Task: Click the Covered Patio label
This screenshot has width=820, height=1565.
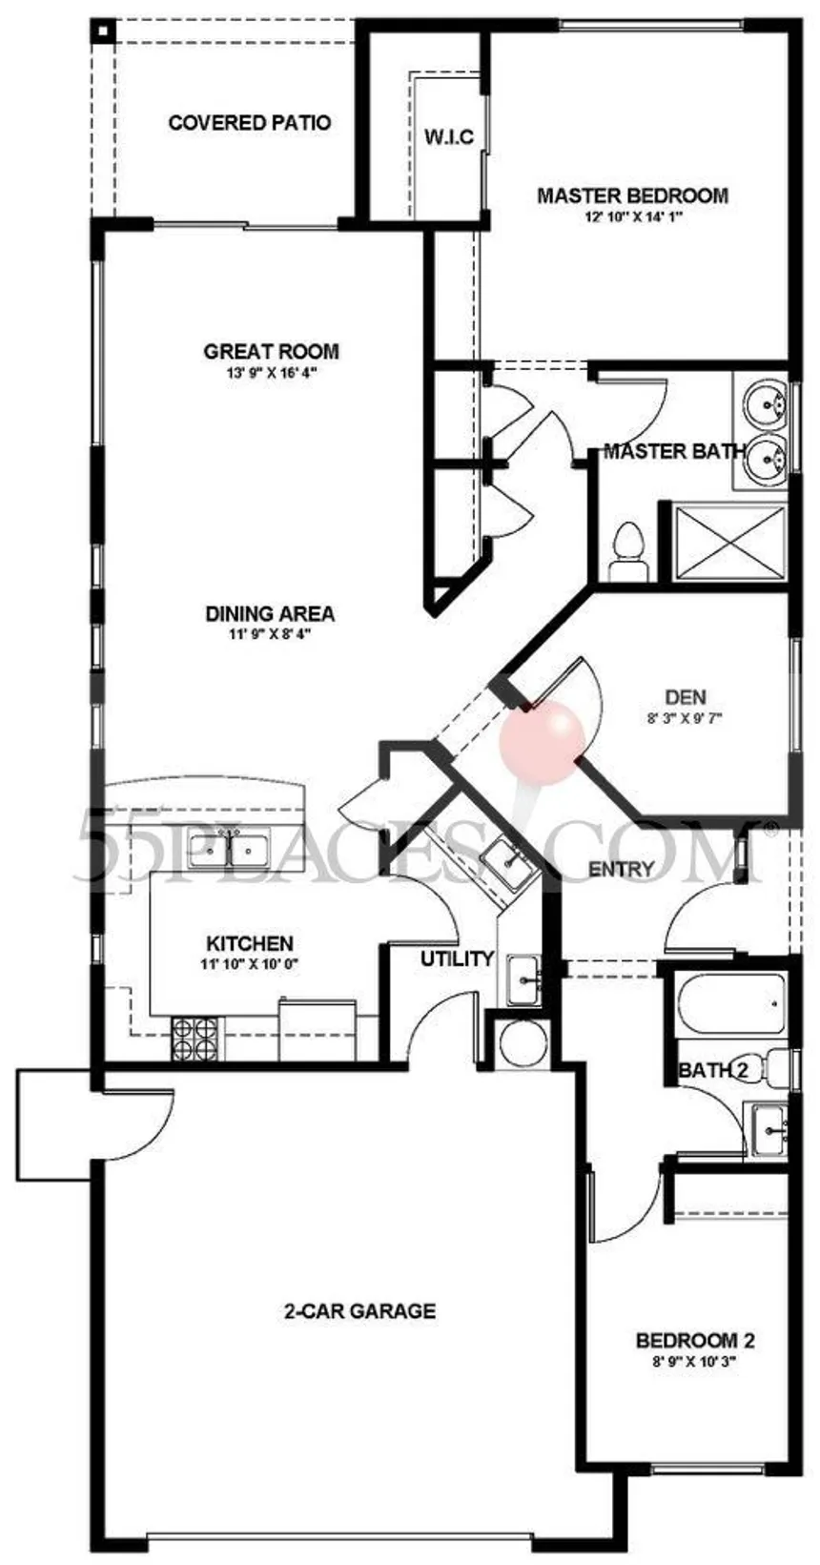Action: click(250, 123)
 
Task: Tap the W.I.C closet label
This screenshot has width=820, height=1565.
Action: click(448, 137)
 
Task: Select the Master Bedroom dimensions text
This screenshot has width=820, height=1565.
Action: click(633, 217)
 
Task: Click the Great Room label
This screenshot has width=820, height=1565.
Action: click(271, 352)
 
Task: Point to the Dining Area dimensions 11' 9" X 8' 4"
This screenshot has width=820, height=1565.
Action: click(270, 634)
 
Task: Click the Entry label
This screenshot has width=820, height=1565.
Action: click(621, 870)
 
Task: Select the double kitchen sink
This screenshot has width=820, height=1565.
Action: click(230, 849)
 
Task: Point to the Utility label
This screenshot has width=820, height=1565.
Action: click(457, 959)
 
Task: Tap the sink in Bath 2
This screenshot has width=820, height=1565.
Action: click(768, 1129)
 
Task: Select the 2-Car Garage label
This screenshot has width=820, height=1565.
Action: click(359, 1311)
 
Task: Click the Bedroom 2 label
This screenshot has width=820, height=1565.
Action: click(695, 1341)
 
